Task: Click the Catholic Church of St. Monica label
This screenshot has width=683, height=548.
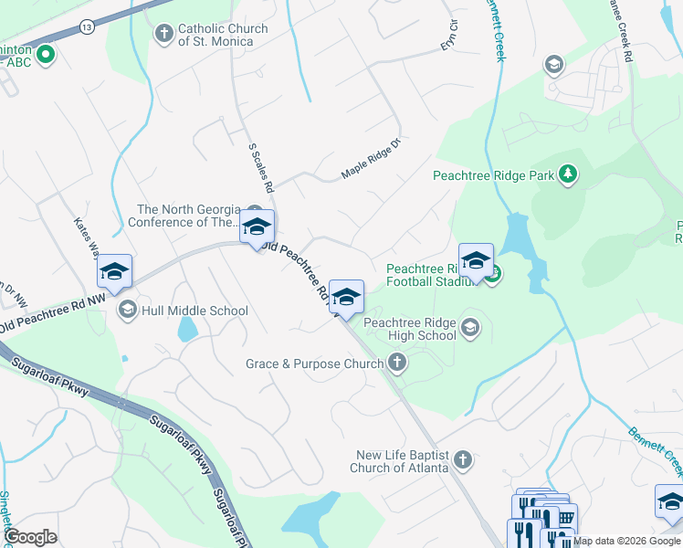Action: point(223,35)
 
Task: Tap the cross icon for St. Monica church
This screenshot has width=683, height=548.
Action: point(164,35)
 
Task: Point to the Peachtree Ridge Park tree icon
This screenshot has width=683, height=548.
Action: point(568,174)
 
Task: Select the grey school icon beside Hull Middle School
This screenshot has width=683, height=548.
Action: point(128,311)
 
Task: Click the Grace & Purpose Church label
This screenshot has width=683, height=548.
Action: point(314,364)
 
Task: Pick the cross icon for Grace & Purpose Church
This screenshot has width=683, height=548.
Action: point(396,364)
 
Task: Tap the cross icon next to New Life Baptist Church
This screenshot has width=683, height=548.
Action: point(463,460)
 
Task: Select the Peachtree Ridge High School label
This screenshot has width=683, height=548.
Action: point(411,329)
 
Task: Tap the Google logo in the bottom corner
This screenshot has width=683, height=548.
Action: point(30,537)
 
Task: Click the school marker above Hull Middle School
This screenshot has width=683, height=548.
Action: point(115,270)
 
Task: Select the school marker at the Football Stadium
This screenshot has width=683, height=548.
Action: point(476,261)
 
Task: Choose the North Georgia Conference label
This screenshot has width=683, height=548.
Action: point(186,216)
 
